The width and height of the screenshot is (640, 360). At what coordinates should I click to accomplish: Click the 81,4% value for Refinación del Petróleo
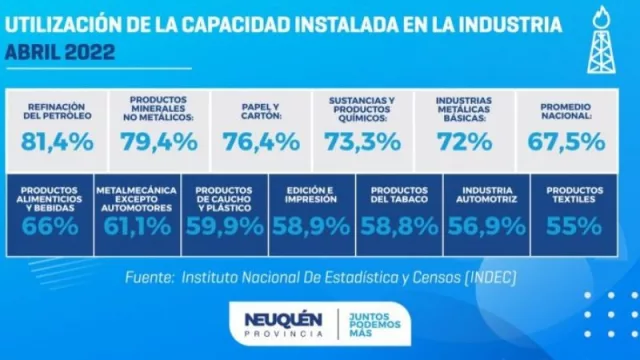point(57,141)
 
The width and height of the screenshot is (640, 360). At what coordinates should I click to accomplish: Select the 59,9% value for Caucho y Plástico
point(225,226)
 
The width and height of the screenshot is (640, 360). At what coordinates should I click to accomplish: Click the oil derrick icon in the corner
point(604,39)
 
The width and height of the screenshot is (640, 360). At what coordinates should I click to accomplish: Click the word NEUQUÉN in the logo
point(283,319)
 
